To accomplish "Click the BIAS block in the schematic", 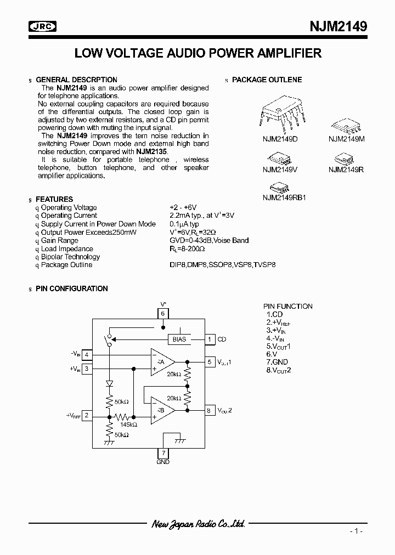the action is pyautogui.click(x=179, y=339).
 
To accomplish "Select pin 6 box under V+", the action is pyautogui.click(x=163, y=314).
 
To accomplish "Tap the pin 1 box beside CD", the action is pyautogui.click(x=210, y=339).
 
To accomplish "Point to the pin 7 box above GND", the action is pyautogui.click(x=163, y=453).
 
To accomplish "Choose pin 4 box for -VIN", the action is pyautogui.click(x=87, y=354).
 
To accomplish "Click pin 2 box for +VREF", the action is pyautogui.click(x=87, y=416).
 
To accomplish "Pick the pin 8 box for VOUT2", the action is pyautogui.click(x=210, y=410).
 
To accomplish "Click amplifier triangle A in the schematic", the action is pyautogui.click(x=162, y=362).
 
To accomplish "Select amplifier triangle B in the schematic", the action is pyautogui.click(x=162, y=411).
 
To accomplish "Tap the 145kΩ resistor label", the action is pyautogui.click(x=129, y=424).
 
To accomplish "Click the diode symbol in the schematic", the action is pyautogui.click(x=109, y=383).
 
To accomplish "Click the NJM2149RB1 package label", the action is pyautogui.click(x=284, y=197).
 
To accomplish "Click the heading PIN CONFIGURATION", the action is pyautogui.click(x=71, y=288).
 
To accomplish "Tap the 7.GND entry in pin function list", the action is pyautogui.click(x=278, y=363).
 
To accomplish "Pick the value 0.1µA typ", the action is pyautogui.click(x=184, y=224).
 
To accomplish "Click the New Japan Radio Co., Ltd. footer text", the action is pyautogui.click(x=198, y=524).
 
